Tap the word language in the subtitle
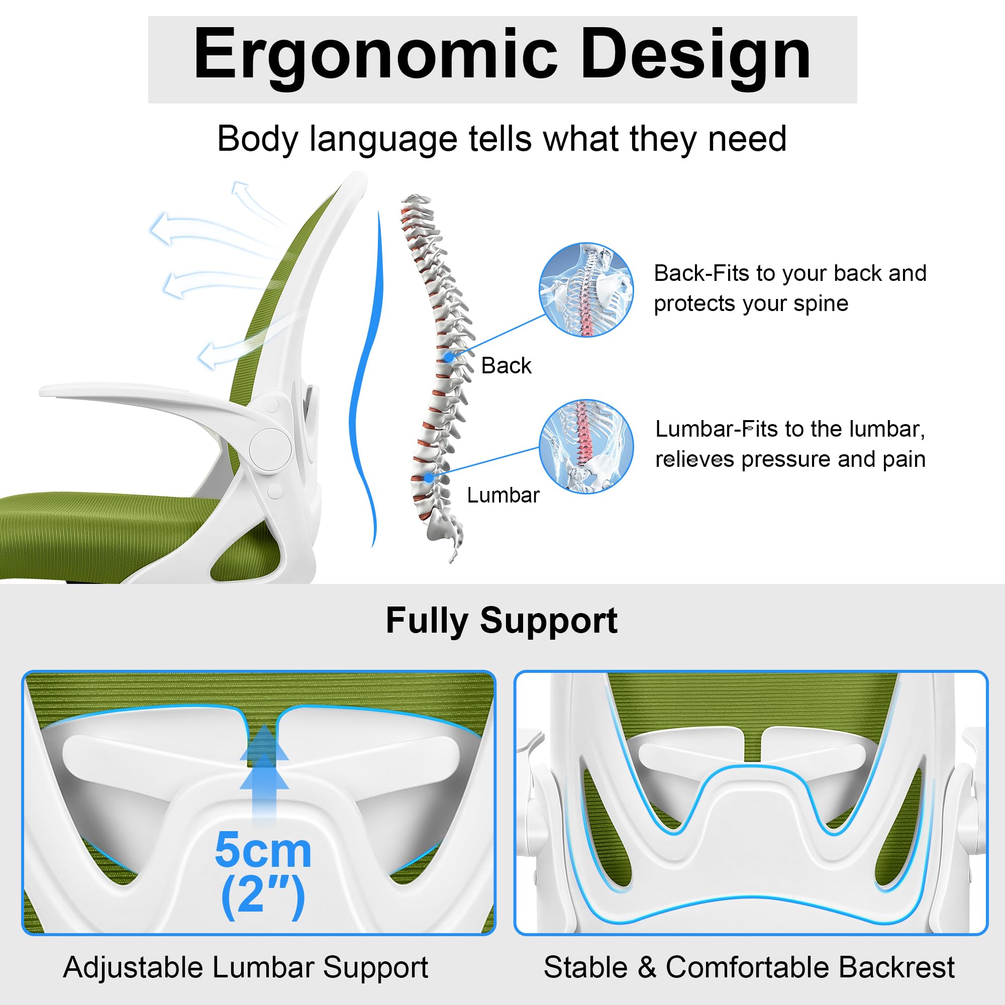(384, 139)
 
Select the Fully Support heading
(501, 621)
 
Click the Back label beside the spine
(506, 366)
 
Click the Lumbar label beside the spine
(503, 495)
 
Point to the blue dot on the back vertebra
(448, 357)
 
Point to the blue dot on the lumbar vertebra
(429, 477)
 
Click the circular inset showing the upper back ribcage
(586, 290)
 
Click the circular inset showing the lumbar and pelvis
(586, 446)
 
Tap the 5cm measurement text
(263, 851)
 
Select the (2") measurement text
(263, 896)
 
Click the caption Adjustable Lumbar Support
(246, 967)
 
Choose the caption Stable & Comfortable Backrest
(749, 967)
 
